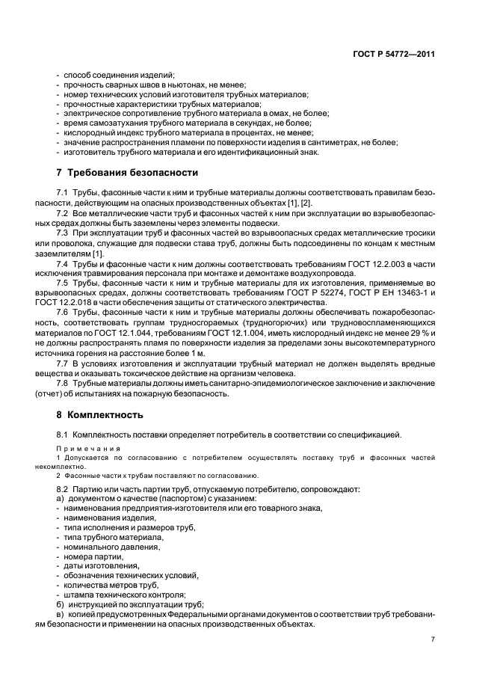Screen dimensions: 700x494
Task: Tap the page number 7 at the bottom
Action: pos(433,639)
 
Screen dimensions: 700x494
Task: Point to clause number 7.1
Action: pos(63,192)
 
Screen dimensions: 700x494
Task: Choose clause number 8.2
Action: pos(63,489)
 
